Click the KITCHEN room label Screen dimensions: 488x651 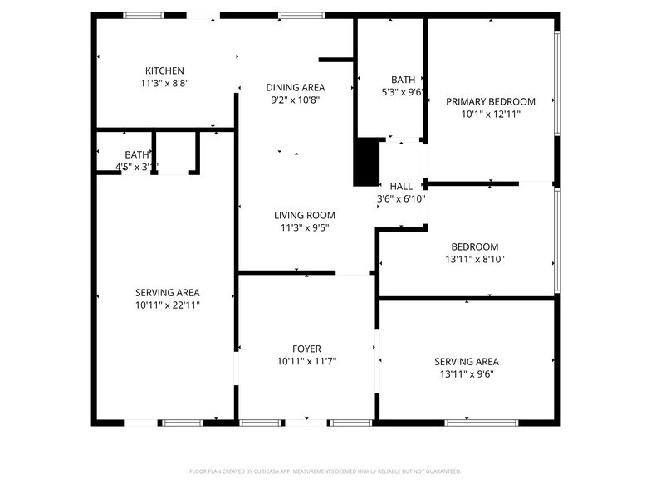click(x=164, y=71)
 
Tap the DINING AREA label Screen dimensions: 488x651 click(x=295, y=87)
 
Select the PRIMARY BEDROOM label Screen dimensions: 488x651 click(x=490, y=101)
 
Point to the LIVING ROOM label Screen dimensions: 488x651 click(x=305, y=215)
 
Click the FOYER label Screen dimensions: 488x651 click(x=306, y=349)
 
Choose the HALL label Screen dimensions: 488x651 click(x=401, y=187)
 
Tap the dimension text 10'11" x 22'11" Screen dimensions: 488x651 click(x=168, y=305)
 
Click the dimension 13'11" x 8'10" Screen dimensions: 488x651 click(x=474, y=259)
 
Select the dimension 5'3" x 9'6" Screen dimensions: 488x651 click(x=403, y=93)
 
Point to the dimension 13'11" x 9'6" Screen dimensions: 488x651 click(x=466, y=374)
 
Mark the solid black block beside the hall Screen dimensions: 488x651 click(x=366, y=163)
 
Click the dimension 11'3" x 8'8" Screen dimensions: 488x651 click(x=164, y=83)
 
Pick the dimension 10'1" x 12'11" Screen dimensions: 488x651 click(x=490, y=114)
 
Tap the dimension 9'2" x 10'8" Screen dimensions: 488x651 click(x=295, y=100)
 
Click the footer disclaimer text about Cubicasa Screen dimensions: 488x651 click(x=325, y=471)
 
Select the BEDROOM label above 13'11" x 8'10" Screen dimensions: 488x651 click(x=474, y=246)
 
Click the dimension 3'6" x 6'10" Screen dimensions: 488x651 click(x=401, y=199)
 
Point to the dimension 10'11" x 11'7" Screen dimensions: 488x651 click(x=306, y=361)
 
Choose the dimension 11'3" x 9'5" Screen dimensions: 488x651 click(x=305, y=227)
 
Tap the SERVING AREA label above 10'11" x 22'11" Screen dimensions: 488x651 click(x=168, y=292)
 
